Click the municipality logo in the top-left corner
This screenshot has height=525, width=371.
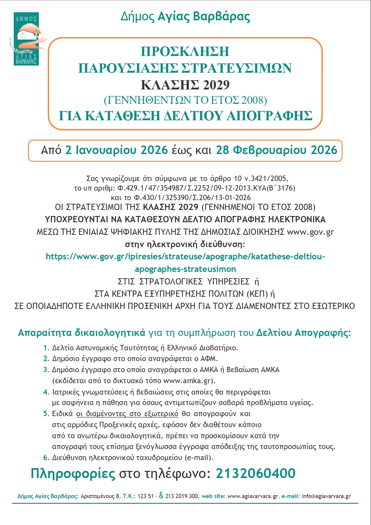tap(26, 39)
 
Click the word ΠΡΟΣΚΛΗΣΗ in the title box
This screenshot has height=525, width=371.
tap(185, 51)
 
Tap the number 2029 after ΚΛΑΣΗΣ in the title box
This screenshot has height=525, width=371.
tap(216, 85)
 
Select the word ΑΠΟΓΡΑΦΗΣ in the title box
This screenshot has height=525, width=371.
tap(269, 116)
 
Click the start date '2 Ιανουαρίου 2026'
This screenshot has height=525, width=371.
tap(117, 150)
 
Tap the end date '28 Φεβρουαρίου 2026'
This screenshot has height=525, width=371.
tap(277, 150)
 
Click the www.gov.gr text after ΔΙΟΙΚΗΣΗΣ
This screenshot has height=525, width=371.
tap(310, 232)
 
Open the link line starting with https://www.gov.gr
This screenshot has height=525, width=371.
tap(185, 257)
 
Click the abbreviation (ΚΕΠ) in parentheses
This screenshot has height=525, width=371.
tap(257, 294)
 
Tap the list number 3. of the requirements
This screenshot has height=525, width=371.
tap(46, 370)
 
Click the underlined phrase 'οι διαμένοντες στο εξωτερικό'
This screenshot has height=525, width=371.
tap(127, 414)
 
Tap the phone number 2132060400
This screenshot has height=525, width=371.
tap(256, 474)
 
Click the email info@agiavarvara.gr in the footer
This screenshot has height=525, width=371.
tap(326, 496)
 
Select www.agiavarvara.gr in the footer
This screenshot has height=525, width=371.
tap(253, 496)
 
